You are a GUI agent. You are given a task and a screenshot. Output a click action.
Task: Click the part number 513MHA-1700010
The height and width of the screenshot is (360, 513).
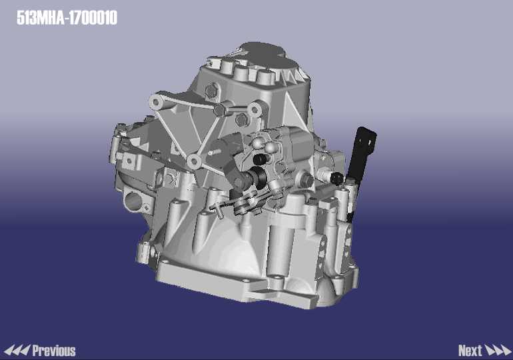point(67,18)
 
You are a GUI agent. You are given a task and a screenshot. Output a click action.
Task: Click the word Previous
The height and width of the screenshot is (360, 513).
point(54,351)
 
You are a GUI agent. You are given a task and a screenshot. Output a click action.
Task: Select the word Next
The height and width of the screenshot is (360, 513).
point(470,351)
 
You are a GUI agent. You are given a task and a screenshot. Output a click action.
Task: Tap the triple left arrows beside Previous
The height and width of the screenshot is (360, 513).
point(17,351)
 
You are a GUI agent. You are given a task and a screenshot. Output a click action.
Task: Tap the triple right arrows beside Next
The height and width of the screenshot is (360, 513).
point(497,351)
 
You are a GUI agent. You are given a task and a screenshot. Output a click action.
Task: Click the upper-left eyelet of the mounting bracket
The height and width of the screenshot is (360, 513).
point(157,102)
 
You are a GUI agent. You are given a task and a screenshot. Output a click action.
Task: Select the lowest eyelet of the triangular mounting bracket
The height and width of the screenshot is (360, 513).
point(195,161)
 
